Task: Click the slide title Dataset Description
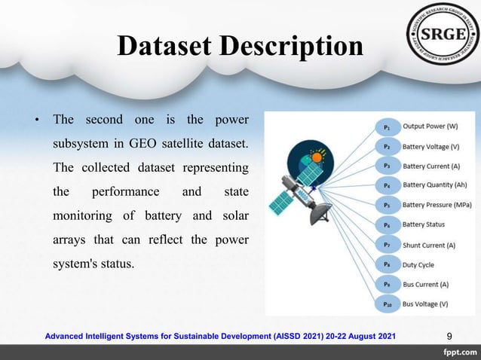tap(240, 47)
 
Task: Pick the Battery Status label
tap(423, 224)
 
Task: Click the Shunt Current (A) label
tap(429, 245)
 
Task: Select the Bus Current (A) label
tap(425, 285)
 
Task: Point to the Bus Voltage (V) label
tap(424, 304)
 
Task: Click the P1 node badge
tap(387, 127)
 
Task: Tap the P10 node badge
tap(387, 304)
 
